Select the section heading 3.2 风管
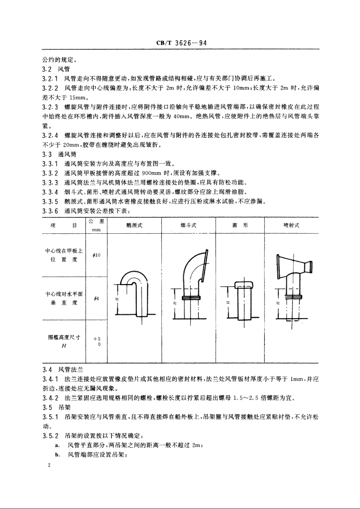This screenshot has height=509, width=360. click(56, 69)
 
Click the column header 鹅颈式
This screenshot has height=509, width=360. click(134, 225)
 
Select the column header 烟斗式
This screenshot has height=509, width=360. click(188, 225)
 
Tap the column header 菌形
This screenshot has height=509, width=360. click(240, 225)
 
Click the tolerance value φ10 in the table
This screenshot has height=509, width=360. click(96, 256)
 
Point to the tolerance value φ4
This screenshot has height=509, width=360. click(96, 299)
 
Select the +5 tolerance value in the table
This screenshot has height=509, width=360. click(97, 339)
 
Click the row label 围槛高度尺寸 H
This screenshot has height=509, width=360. click(64, 341)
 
